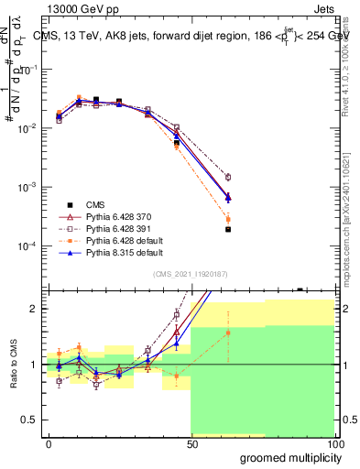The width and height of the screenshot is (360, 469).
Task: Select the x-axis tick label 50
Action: point(191,442)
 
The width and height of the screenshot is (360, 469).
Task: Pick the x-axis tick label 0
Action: point(49,442)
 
